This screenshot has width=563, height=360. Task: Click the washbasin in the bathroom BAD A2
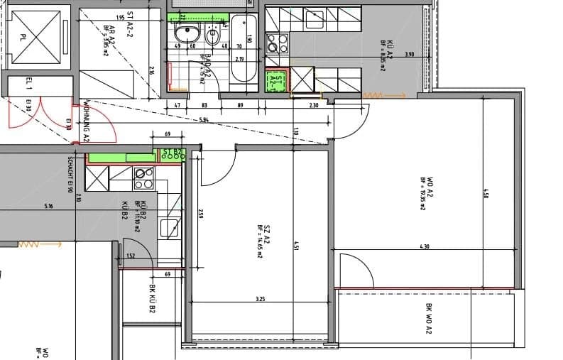click(189, 33)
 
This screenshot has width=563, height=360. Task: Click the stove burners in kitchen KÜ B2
click(145, 178)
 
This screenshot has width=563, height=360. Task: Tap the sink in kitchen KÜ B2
click(169, 227)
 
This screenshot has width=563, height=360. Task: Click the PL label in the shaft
click(23, 37)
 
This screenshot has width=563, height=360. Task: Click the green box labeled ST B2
click(173, 153)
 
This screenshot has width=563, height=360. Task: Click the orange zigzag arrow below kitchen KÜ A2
click(373, 95)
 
